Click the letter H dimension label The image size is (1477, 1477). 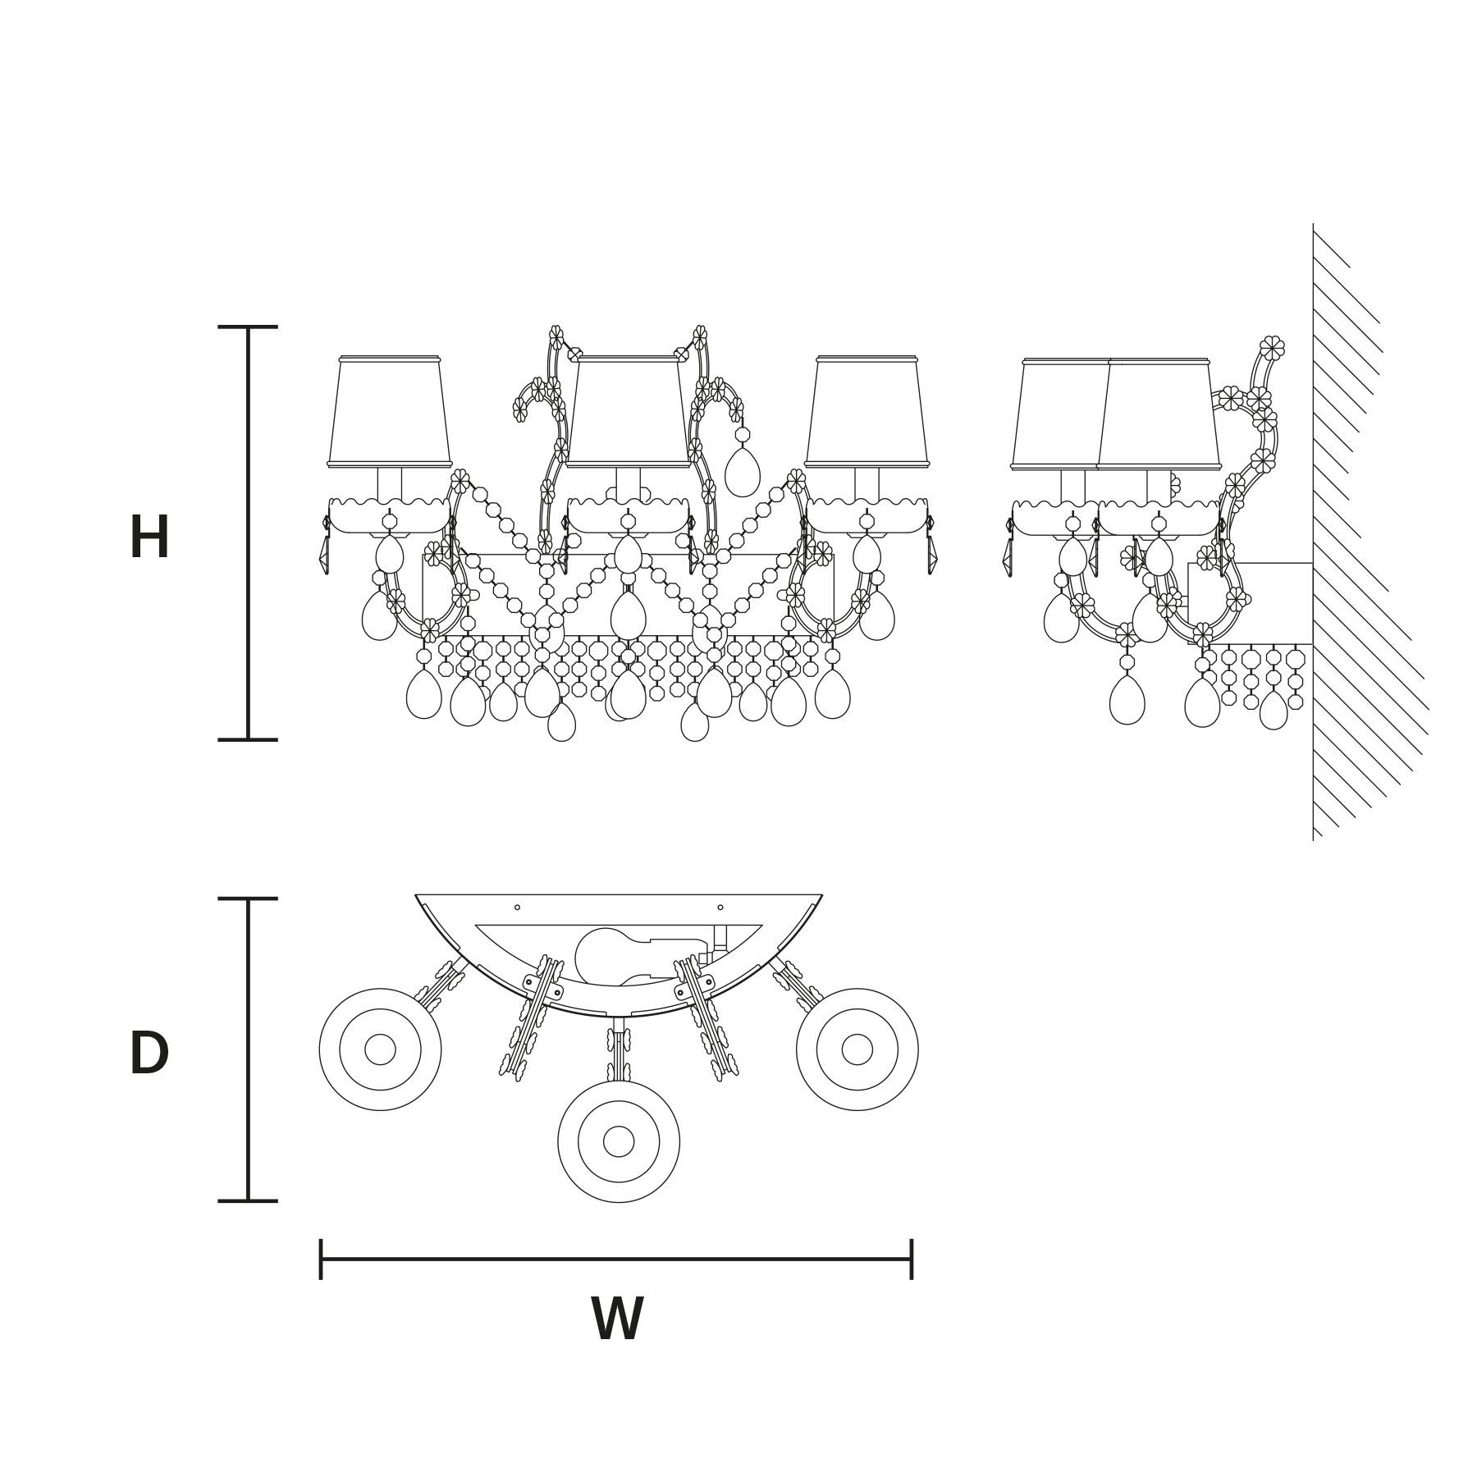149,538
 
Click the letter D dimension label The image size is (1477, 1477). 149,1054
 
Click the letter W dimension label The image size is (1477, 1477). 617,1319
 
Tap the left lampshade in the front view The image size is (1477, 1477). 390,412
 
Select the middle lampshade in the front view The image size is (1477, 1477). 629,412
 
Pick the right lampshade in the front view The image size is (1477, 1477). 867,412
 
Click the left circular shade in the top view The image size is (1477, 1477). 380,1049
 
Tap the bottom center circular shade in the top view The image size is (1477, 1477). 619,1141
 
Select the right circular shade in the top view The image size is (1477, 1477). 857,1049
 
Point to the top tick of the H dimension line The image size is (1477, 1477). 248,327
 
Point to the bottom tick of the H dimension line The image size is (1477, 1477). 248,739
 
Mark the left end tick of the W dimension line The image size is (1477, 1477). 321,1259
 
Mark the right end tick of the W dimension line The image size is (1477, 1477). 912,1259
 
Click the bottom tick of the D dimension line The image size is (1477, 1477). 248,1200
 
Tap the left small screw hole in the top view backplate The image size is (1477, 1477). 517,908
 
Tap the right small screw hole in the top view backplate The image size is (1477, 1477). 720,908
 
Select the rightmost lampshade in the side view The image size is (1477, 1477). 1159,414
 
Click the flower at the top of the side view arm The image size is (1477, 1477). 1272,348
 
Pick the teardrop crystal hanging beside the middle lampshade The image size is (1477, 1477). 743,472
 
